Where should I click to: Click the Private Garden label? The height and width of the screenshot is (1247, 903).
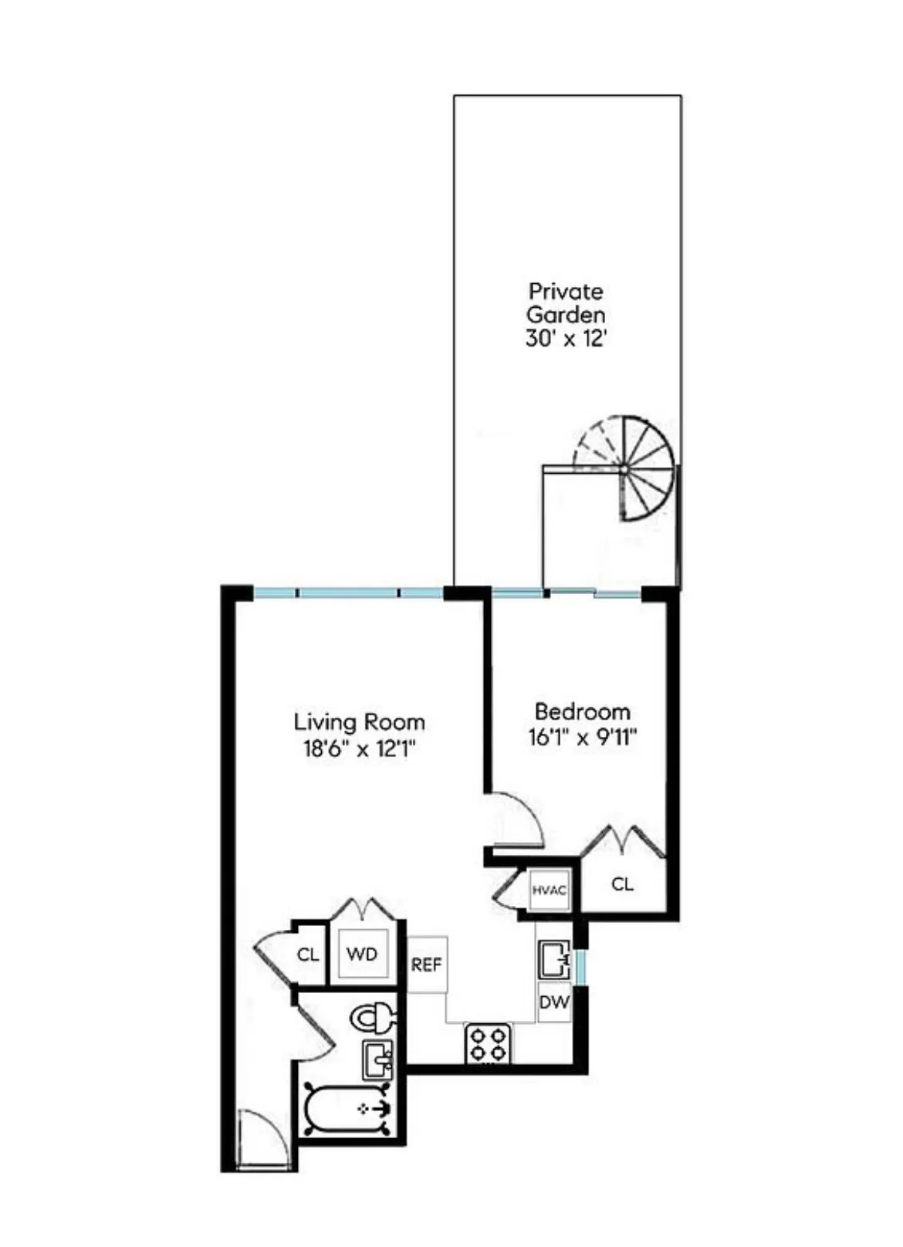click(x=566, y=303)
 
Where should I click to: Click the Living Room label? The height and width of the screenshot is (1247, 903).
click(x=359, y=722)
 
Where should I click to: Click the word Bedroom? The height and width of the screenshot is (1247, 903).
click(x=582, y=711)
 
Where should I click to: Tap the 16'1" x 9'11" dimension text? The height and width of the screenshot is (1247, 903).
click(x=582, y=737)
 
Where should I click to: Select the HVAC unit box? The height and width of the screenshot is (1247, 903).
click(x=550, y=890)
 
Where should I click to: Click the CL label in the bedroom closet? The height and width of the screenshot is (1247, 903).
click(x=622, y=884)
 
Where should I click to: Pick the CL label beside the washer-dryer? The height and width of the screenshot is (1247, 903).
click(x=308, y=955)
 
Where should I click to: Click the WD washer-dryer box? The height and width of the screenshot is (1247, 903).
click(x=361, y=955)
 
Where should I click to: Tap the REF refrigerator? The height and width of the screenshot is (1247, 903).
click(x=426, y=965)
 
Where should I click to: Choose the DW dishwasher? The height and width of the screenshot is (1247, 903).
click(x=554, y=1002)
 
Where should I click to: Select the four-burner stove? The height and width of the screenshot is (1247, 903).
click(x=488, y=1043)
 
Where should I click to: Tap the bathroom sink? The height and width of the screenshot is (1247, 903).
click(x=377, y=1060)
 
